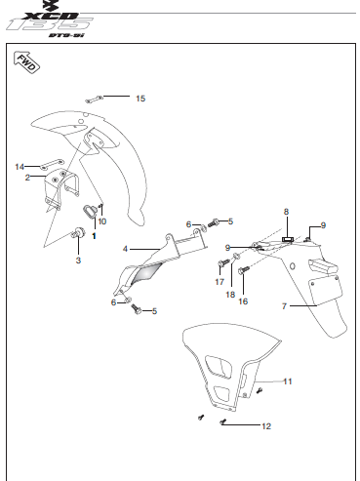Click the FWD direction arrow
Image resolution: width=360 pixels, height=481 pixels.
pyautogui.click(x=26, y=62)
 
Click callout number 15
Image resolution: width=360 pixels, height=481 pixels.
pyautogui.click(x=140, y=99)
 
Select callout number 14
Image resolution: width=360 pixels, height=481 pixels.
pyautogui.click(x=20, y=167)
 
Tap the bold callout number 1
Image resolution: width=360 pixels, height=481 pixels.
pyautogui.click(x=95, y=236)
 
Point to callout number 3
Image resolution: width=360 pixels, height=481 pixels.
pyautogui.click(x=78, y=261)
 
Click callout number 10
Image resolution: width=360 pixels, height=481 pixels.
pyautogui.click(x=102, y=221)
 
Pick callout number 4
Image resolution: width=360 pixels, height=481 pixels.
pyautogui.click(x=125, y=249)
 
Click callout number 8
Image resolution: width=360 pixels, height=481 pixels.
pyautogui.click(x=286, y=212)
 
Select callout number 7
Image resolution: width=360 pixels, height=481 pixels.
pyautogui.click(x=284, y=306)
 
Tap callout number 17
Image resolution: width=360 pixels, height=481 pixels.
pyautogui.click(x=220, y=282)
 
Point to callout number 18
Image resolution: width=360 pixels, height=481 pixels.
pyautogui.click(x=230, y=295)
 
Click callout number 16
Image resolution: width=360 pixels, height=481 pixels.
pyautogui.click(x=243, y=301)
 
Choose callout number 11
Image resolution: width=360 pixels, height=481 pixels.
pyautogui.click(x=288, y=381)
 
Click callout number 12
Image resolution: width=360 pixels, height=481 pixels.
pyautogui.click(x=266, y=426)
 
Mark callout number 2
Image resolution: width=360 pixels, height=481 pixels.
pyautogui.click(x=27, y=178)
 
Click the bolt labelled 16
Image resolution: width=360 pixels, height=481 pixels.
pyautogui.click(x=244, y=270)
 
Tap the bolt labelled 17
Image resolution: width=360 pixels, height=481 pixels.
pyautogui.click(x=224, y=262)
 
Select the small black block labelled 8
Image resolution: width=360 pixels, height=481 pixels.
pyautogui.click(x=287, y=240)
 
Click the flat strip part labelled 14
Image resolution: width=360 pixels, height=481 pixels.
pyautogui.click(x=52, y=164)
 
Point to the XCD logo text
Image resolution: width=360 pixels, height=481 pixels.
pyautogui.click(x=52, y=16)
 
